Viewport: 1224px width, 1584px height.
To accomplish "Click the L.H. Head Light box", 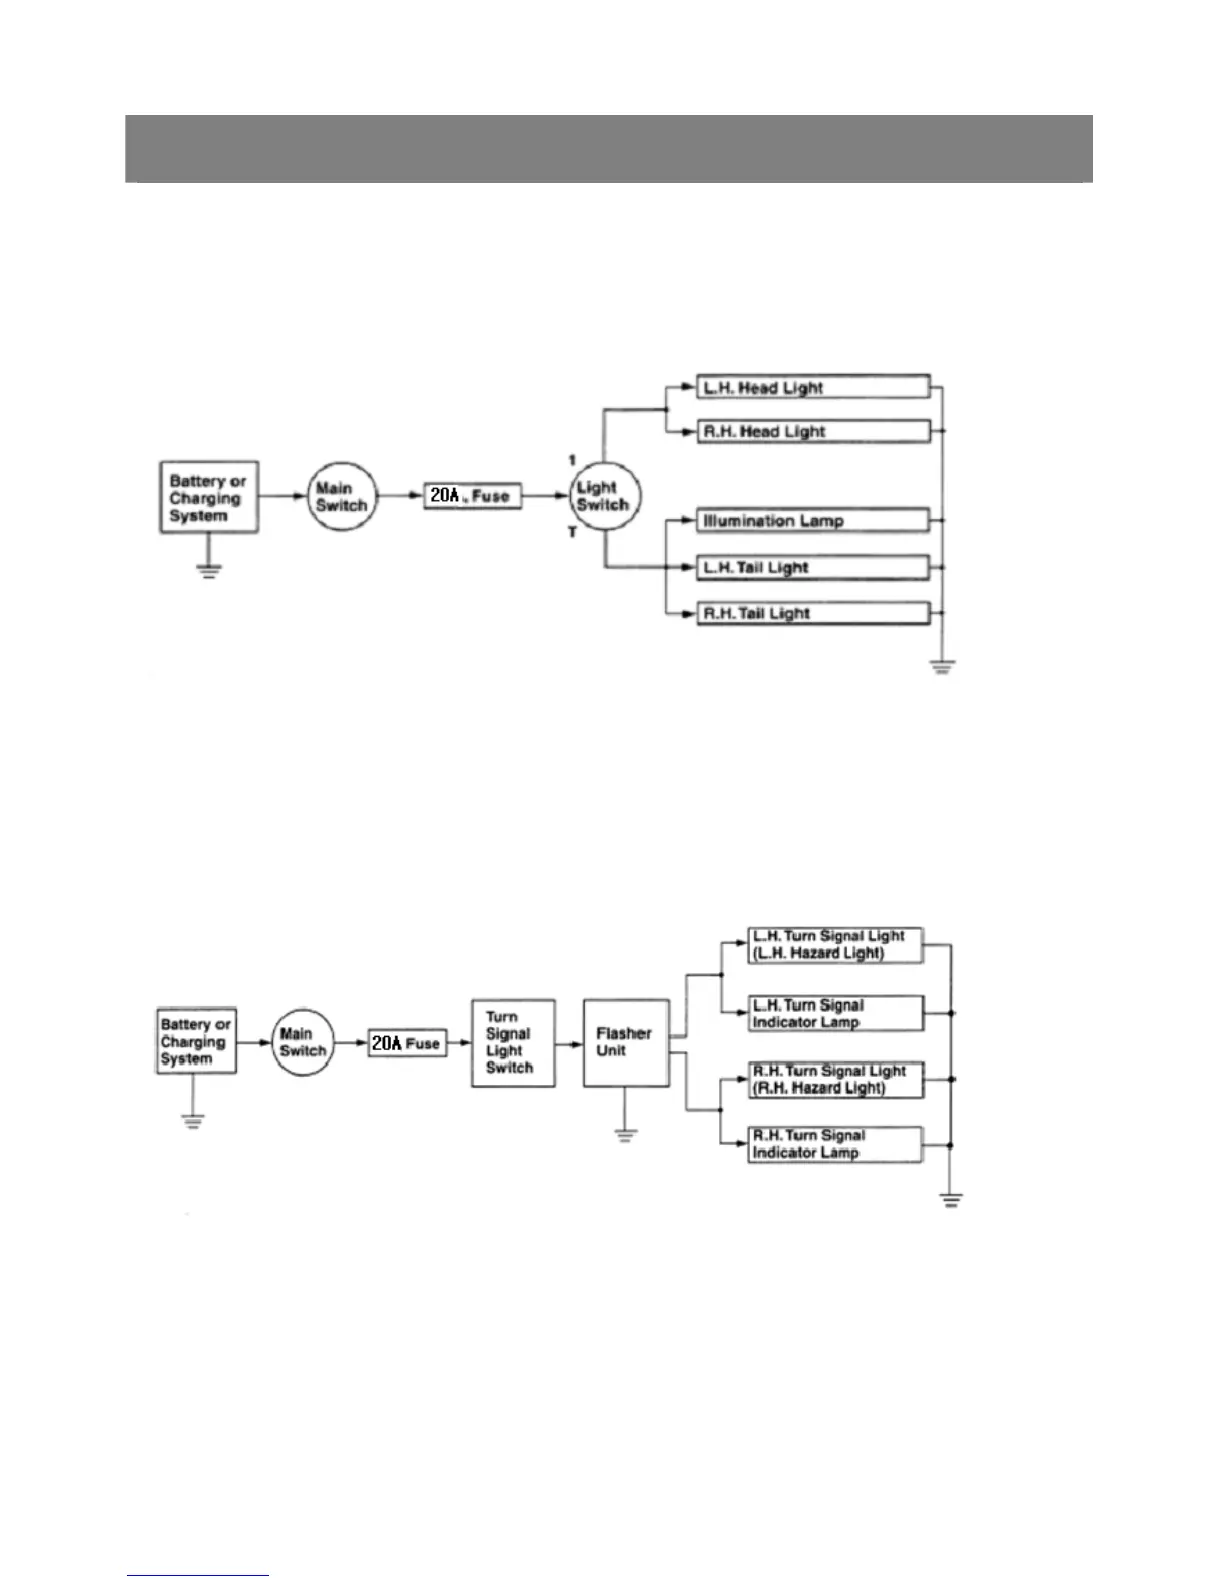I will (x=812, y=387).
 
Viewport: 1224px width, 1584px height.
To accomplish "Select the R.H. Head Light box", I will (x=812, y=431).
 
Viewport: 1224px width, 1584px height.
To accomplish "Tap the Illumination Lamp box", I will (x=812, y=520).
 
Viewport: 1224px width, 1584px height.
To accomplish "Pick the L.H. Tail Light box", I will (x=812, y=567).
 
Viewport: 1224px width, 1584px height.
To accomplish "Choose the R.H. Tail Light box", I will (x=812, y=613).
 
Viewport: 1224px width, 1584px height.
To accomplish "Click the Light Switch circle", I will (x=604, y=496).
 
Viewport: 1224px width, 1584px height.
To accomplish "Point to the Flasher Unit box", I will (x=626, y=1042).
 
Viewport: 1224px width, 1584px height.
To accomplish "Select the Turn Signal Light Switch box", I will (x=513, y=1042).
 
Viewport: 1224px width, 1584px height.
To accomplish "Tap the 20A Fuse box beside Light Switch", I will (x=472, y=495).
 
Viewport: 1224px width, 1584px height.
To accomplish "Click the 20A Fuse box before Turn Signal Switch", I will (x=407, y=1043).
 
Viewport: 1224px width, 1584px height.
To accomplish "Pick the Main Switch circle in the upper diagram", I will (x=341, y=496).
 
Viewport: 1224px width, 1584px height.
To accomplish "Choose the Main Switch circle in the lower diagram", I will (x=303, y=1042).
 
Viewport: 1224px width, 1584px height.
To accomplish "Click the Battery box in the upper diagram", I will (x=208, y=497).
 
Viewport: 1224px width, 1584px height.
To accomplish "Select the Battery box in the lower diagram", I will (x=196, y=1041).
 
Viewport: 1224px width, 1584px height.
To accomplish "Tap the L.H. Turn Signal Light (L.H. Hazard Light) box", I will (x=835, y=945).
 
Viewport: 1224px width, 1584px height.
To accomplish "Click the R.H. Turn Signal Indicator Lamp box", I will (x=835, y=1144).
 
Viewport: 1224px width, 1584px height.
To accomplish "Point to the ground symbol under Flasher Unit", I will (x=626, y=1134).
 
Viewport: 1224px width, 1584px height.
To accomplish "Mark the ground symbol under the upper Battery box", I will (x=208, y=572).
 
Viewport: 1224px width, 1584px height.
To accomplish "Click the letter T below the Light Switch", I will (x=573, y=533).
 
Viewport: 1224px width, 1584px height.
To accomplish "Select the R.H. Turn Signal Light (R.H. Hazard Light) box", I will (x=835, y=1079).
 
